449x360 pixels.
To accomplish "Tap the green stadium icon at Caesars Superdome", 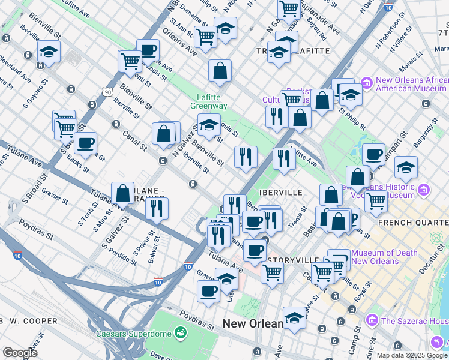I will [179, 332].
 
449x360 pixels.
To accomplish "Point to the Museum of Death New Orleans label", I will [384, 257].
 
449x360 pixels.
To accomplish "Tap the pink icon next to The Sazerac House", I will [371, 321].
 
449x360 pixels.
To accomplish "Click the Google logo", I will [20, 353].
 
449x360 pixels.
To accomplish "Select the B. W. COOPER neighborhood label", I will [29, 321].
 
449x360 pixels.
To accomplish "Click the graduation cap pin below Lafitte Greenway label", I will [208, 126].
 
